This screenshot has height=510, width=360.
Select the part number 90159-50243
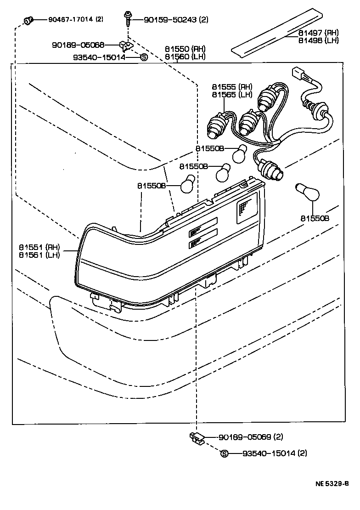[x=170, y=20]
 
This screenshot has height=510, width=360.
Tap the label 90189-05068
[x=78, y=45]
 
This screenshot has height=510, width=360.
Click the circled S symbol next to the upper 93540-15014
[x=143, y=57]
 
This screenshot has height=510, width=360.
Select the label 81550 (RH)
[x=186, y=49]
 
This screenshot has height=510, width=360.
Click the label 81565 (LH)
[x=232, y=94]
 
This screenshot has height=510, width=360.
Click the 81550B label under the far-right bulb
[x=315, y=218]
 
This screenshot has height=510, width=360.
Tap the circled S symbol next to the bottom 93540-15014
[x=225, y=453]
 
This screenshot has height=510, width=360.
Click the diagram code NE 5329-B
[x=331, y=484]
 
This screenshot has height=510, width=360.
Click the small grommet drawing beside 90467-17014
[x=28, y=20]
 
